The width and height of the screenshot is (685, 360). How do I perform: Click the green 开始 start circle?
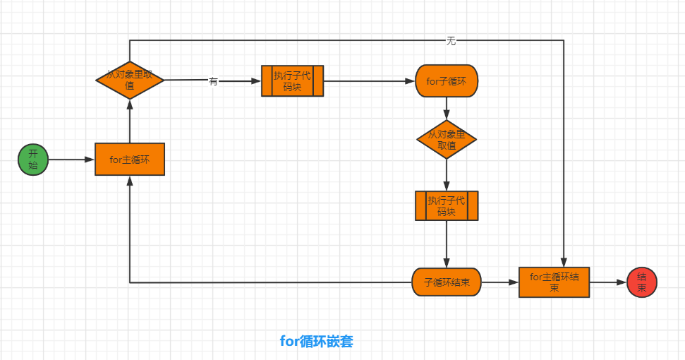(x=32, y=160)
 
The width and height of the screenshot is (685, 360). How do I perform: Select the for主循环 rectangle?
(x=130, y=160)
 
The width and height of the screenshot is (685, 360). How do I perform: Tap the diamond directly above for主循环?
(x=130, y=80)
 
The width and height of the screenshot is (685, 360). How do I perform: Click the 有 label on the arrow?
(x=213, y=81)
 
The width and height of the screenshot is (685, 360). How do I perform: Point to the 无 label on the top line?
(x=451, y=41)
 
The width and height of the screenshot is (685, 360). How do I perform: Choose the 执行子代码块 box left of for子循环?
(x=292, y=81)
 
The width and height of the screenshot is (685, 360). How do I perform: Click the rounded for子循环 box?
(x=447, y=81)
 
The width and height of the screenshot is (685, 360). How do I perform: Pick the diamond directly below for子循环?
(x=447, y=139)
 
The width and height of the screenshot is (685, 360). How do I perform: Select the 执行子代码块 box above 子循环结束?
(x=447, y=205)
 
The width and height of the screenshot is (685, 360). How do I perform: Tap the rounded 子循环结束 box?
(x=447, y=282)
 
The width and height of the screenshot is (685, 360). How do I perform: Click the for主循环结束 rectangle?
(x=554, y=282)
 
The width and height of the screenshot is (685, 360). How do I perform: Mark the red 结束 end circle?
(x=642, y=282)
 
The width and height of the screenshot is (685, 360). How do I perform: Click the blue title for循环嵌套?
(x=317, y=342)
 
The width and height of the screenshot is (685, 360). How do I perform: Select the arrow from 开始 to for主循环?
(x=71, y=160)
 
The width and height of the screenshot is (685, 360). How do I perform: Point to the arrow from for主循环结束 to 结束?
(x=607, y=282)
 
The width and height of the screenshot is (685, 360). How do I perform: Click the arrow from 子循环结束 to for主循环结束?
(x=500, y=282)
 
